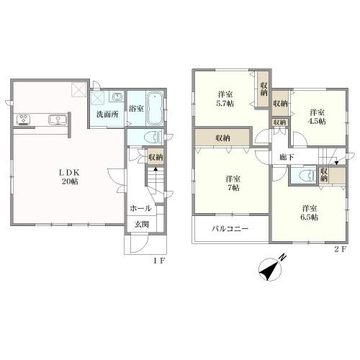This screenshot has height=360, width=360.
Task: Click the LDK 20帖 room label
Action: click(x=70, y=177)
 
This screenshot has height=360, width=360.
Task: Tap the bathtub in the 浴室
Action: click(x=155, y=109)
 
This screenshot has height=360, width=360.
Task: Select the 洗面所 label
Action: click(x=107, y=114)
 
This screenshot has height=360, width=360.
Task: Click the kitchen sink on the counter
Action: click(x=58, y=120)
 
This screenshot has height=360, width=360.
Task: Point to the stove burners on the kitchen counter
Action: click(x=23, y=120)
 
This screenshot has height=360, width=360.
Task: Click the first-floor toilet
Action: click(x=153, y=138)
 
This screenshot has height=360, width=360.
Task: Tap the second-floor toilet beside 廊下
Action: click(x=307, y=175)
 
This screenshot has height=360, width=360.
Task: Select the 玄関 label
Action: click(x=142, y=224)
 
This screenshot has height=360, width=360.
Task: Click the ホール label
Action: click(x=140, y=208)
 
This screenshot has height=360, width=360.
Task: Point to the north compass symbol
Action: click(x=271, y=269)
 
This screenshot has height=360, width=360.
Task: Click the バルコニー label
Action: click(x=230, y=228)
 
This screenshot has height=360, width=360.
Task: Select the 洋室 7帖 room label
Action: click(x=233, y=183)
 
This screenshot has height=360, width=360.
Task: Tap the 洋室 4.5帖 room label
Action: click(x=317, y=117)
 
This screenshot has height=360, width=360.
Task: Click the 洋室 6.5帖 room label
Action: click(x=310, y=212)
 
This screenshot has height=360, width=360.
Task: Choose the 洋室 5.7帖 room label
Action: click(x=225, y=99)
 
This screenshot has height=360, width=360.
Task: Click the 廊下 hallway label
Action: click(x=287, y=157)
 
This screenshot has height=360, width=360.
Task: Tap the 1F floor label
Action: click(x=159, y=261)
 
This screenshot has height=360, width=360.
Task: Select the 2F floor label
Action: click(x=341, y=249)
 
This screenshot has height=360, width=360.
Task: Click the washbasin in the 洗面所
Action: click(x=116, y=96)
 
